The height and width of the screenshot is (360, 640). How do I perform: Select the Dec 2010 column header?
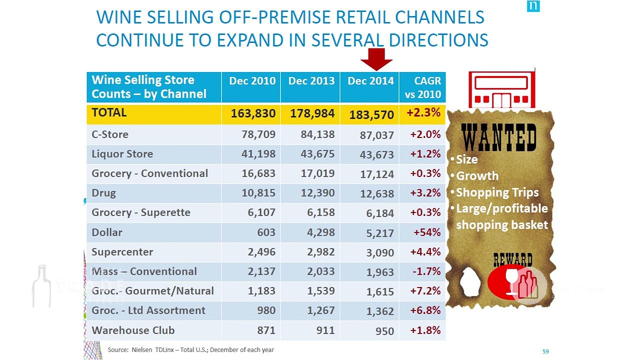point(252,81)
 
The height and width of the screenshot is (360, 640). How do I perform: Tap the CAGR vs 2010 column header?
point(423,87)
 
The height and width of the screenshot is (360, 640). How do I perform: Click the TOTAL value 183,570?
point(371,115)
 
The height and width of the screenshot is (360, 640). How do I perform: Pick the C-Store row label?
point(110,134)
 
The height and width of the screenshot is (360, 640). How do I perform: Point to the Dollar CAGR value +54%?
point(427,232)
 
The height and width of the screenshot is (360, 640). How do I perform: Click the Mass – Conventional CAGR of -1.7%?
point(426,271)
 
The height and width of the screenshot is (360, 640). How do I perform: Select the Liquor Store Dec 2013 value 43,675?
point(317,154)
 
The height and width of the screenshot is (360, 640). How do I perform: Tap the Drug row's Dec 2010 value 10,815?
point(258,193)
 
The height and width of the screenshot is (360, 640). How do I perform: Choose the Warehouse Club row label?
point(133,330)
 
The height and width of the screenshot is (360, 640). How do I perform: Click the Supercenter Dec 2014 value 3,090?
point(380,253)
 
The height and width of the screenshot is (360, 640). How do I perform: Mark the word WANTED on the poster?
point(499,137)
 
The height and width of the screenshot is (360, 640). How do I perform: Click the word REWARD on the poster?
point(513,259)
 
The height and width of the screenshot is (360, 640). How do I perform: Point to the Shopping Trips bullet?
point(494,192)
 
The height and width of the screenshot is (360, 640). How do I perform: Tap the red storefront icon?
point(501,89)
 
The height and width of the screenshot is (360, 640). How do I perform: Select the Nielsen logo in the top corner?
point(533,6)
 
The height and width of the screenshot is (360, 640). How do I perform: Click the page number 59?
point(545,351)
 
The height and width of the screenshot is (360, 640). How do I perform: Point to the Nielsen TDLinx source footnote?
point(190,350)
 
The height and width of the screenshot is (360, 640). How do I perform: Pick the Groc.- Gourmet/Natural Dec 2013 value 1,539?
point(320,291)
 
